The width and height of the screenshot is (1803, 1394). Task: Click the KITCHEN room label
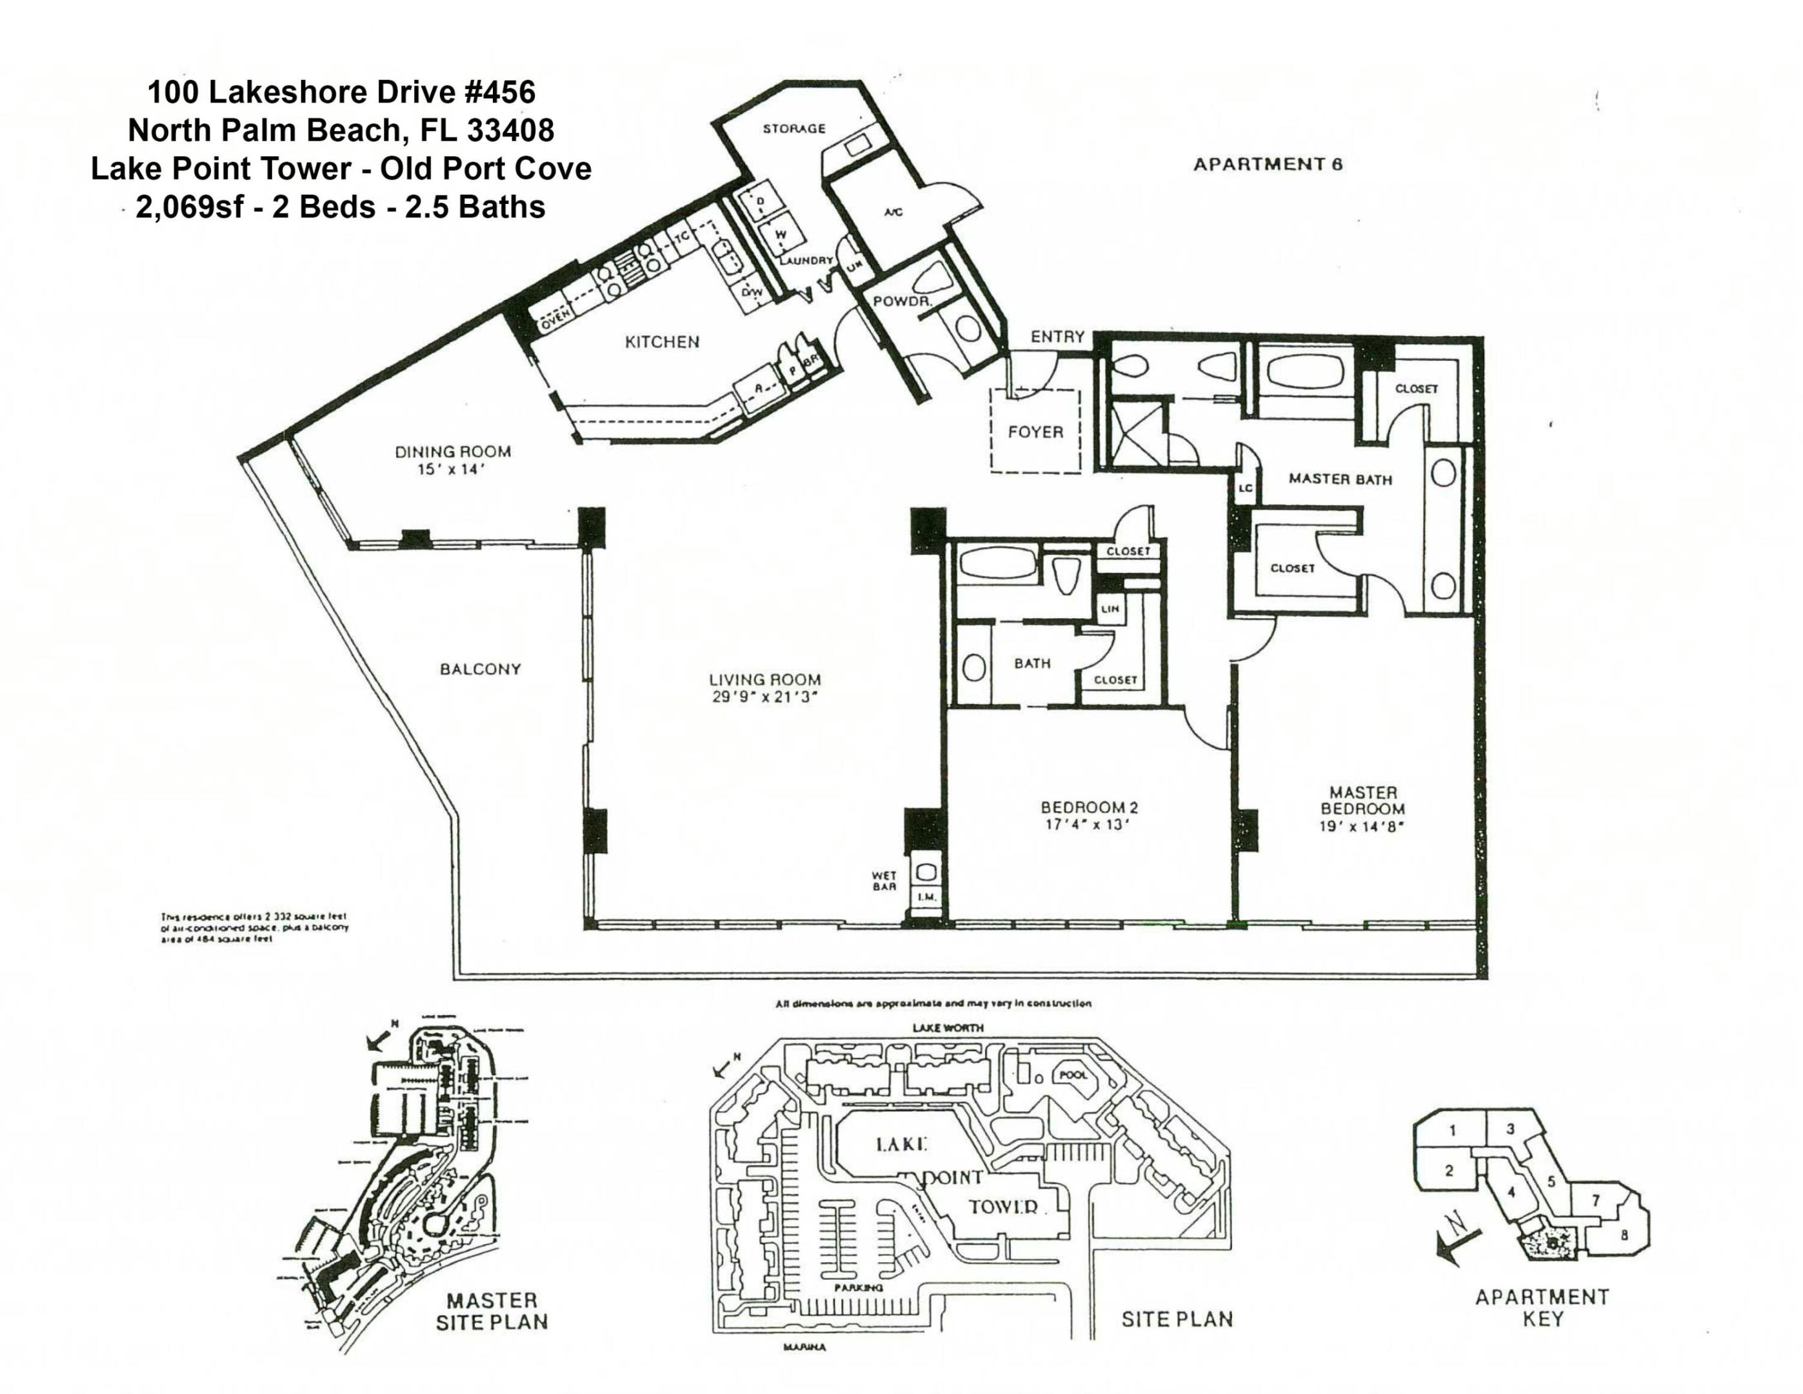point(661,342)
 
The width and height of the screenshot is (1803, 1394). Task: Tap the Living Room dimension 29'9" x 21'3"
point(765,697)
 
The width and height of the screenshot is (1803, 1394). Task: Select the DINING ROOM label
point(452,452)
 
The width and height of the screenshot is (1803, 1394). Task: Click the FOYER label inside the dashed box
point(1035,432)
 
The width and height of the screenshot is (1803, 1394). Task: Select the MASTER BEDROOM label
point(1362,800)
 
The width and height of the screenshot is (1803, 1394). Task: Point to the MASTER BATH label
point(1340,479)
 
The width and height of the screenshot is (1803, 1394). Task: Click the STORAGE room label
point(793,129)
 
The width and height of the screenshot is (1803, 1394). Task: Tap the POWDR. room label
point(902,302)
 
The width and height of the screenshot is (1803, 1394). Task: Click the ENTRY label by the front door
point(1057,337)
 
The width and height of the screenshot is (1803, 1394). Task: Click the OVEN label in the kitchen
point(555,325)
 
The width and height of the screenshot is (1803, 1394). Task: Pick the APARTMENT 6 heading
point(1267,165)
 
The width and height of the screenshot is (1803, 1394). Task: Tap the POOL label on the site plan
point(1073,1076)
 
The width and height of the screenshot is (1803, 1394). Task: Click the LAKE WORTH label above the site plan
point(947,1028)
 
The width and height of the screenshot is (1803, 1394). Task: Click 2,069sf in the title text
point(189,207)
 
